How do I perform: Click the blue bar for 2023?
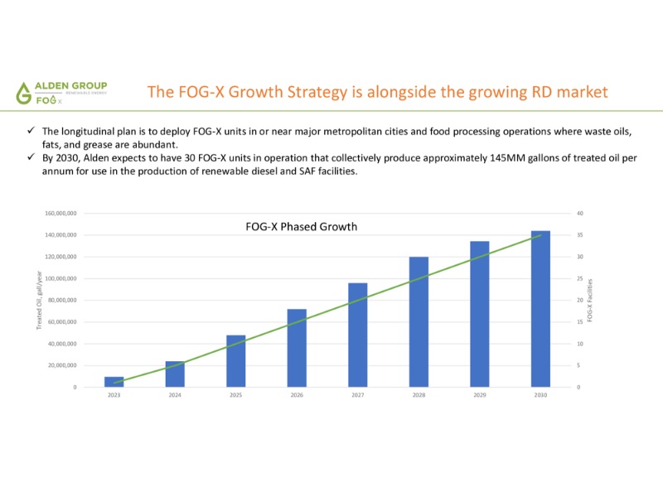114,382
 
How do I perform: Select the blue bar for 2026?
297,348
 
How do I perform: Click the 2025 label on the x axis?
236,395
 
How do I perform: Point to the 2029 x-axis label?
480,395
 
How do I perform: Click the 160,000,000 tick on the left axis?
61,214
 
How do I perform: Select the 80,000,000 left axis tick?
62,300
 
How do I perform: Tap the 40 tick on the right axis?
579,214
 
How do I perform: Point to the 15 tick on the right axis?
579,321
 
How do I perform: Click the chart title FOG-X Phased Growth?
302,226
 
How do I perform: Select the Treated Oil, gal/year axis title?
39,300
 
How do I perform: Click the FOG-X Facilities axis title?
589,300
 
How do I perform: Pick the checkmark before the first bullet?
30,132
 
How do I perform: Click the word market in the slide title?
583,91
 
